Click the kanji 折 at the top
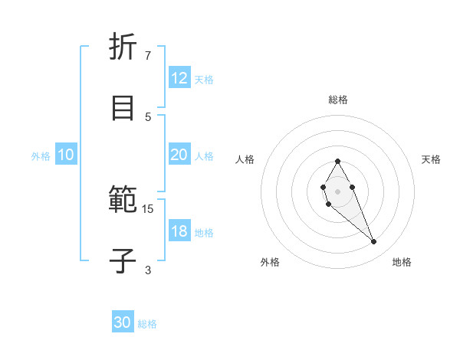pos(123,47)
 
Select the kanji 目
pos(123,108)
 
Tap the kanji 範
pos(123,200)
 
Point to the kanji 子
pos(123,261)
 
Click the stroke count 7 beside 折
pos(148,55)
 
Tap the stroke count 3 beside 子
pos(148,270)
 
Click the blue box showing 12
pos(179,78)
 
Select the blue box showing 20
pos(179,155)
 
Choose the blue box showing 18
pos(179,231)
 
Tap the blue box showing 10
pos(66,155)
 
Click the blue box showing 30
pos(123,322)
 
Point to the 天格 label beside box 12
pos(204,79)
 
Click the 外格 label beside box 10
pos(41,155)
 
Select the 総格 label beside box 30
pos(147,324)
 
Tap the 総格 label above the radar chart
pos(337,100)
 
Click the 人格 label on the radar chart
pos(245,159)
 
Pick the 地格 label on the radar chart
pos(402,262)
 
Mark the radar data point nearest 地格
pos(373,242)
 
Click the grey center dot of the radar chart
pos(337,191)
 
